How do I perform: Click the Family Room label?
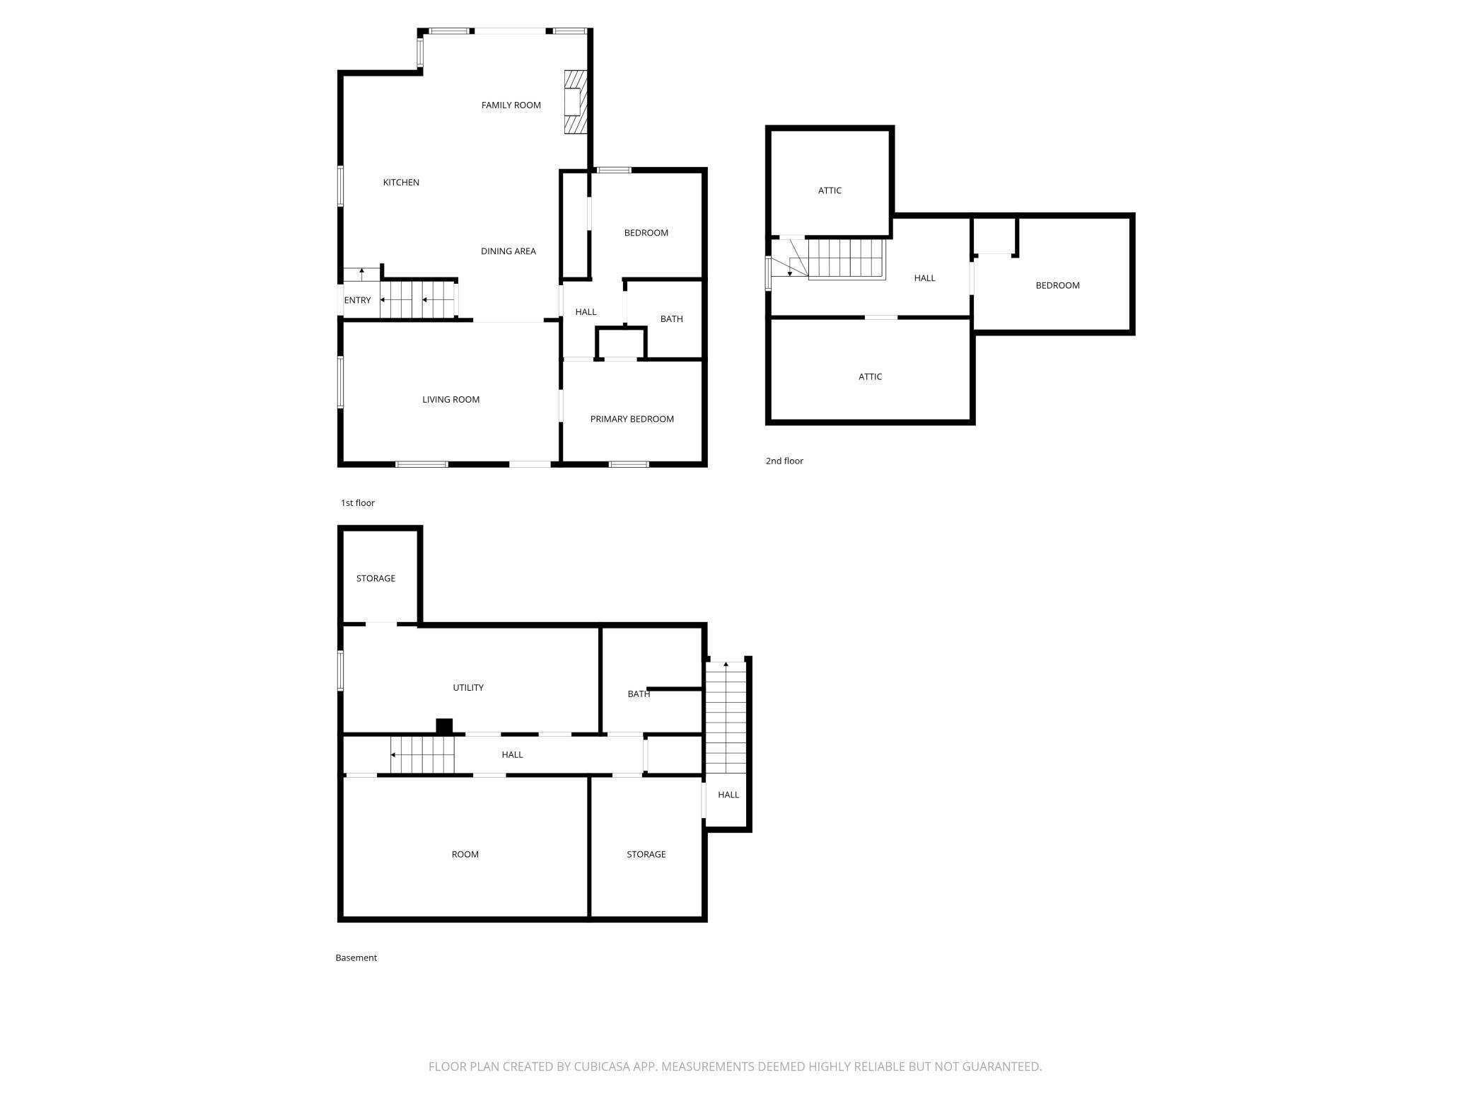[x=511, y=105]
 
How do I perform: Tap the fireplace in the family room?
[x=576, y=102]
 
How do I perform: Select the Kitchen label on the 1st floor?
[x=401, y=183]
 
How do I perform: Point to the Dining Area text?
[x=508, y=251]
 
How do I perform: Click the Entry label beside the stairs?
[x=357, y=300]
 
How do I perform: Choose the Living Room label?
[x=450, y=400]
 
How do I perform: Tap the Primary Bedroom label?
[x=632, y=419]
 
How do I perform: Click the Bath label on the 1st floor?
[x=671, y=319]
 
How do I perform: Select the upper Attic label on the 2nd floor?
[x=830, y=190]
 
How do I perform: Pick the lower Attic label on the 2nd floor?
[x=870, y=376]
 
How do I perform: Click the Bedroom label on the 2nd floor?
[x=1057, y=286]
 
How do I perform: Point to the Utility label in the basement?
[x=468, y=688]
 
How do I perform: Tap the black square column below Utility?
[x=444, y=727]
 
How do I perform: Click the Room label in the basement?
[x=465, y=855]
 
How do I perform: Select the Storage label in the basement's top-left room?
[x=376, y=579]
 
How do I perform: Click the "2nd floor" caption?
[x=784, y=461]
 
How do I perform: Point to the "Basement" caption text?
[x=356, y=958]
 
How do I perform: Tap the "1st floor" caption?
[x=358, y=503]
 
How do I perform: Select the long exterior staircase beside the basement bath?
[x=726, y=718]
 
